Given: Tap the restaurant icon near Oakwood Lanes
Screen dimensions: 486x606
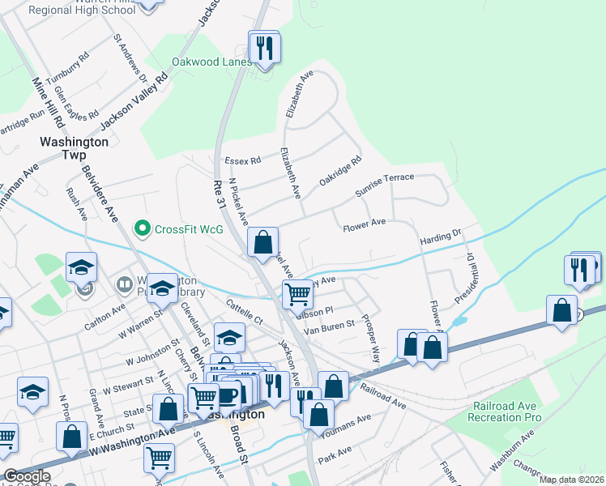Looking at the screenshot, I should tap(264, 49).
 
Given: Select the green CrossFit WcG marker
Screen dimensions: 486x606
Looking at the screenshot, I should tap(143, 228).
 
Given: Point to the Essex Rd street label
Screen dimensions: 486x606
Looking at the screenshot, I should tap(242, 160).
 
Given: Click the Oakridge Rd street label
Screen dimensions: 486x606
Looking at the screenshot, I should tap(339, 171).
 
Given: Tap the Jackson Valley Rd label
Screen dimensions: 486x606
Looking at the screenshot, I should tap(134, 100).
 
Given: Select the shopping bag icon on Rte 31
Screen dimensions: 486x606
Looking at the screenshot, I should tap(262, 242).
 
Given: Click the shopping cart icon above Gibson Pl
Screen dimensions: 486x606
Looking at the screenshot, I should tap(297, 295).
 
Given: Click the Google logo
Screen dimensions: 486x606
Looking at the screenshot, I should tap(27, 476).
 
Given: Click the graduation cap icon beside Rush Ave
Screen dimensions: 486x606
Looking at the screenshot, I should tap(81, 269).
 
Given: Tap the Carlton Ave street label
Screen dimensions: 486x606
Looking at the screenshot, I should tap(105, 318).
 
